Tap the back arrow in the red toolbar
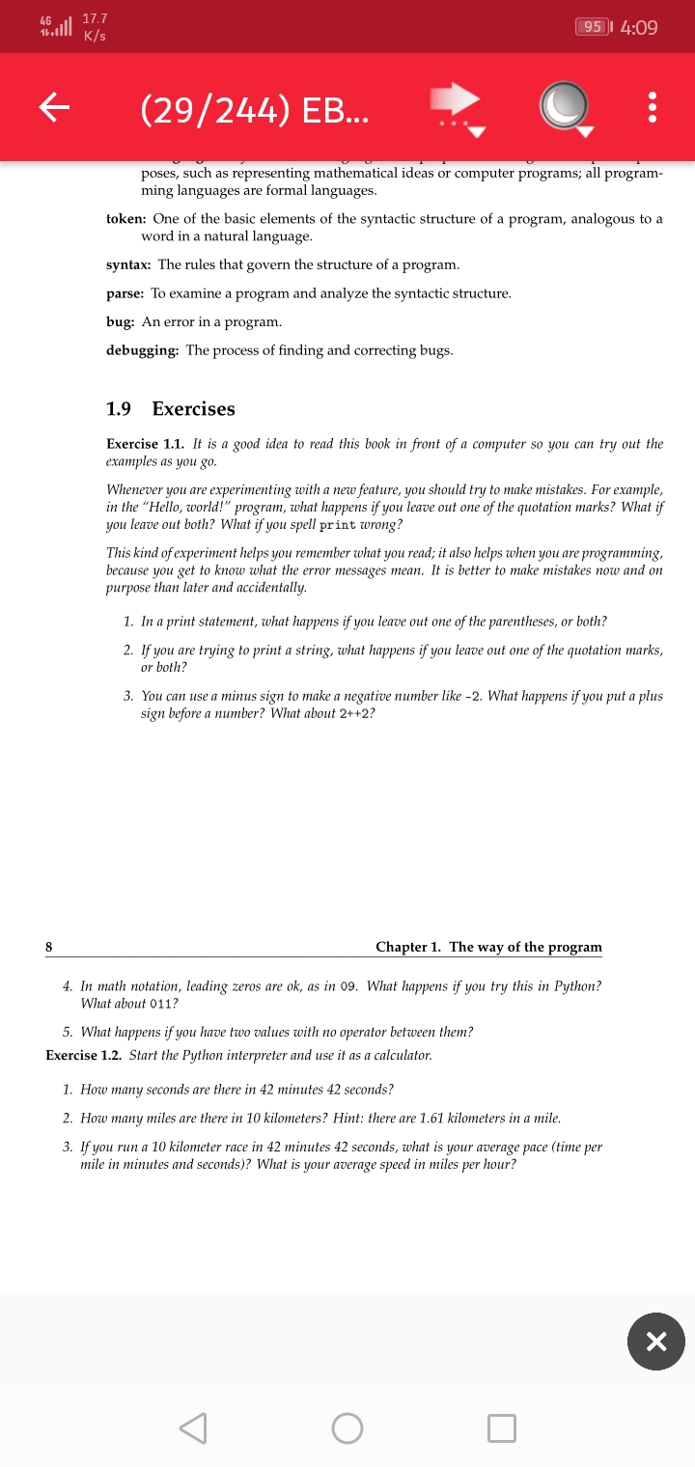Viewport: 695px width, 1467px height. tap(56, 107)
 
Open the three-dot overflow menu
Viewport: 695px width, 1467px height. tap(653, 107)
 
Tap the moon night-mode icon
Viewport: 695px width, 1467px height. tap(565, 106)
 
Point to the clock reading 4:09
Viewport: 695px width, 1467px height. tap(639, 28)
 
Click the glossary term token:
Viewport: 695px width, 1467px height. tap(126, 220)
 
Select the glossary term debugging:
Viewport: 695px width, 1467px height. tap(142, 350)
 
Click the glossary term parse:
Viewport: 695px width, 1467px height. tap(125, 293)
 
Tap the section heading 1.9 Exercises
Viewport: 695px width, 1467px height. tap(170, 409)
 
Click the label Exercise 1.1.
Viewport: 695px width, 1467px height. tap(145, 444)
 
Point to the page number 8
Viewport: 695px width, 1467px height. tap(49, 947)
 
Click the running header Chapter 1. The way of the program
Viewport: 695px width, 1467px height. tap(488, 947)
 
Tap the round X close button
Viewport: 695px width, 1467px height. tap(655, 1341)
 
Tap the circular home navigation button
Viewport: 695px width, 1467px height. tap(347, 1427)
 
